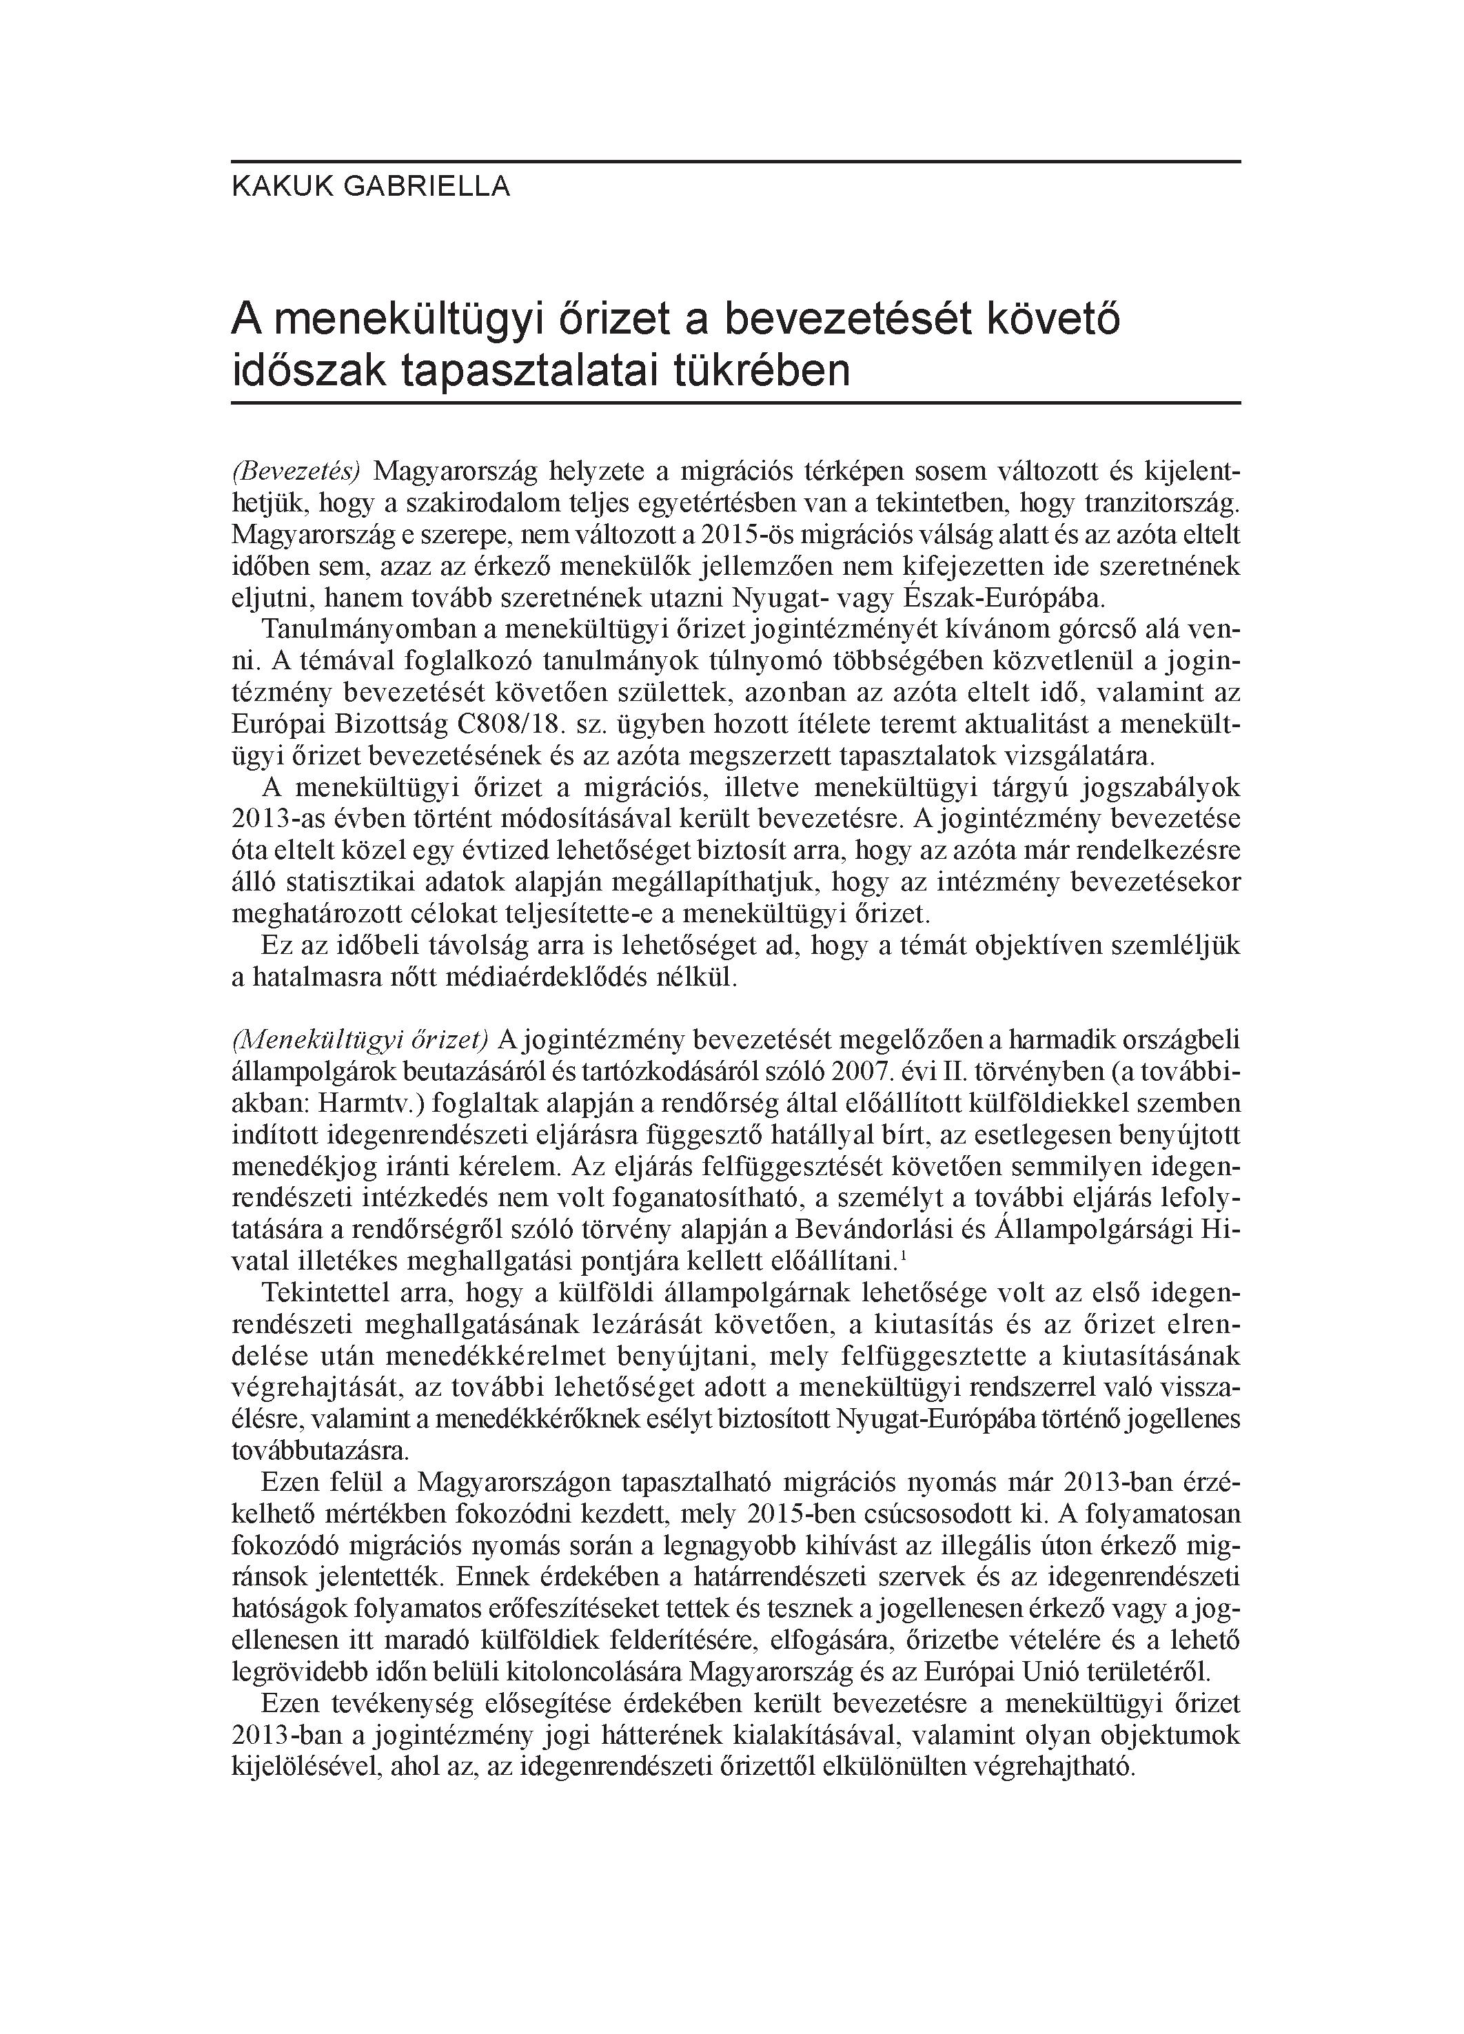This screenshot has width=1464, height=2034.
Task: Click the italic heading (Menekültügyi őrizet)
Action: pyautogui.click(x=360, y=1039)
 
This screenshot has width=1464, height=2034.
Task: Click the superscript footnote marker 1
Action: pyautogui.click(x=902, y=1257)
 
